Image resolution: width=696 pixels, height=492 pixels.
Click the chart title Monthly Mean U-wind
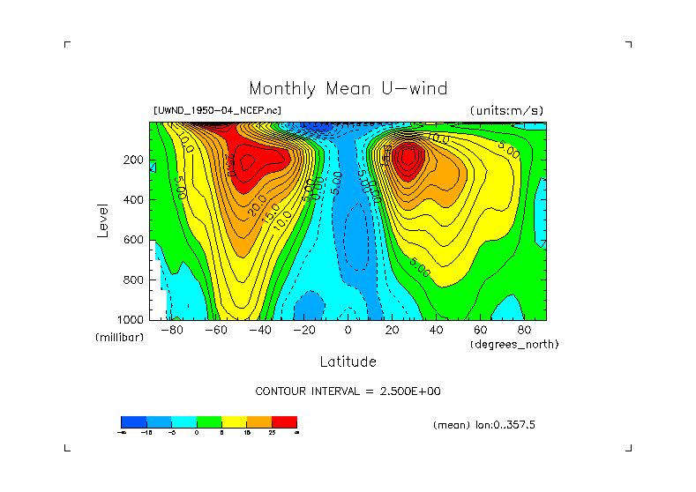pyautogui.click(x=348, y=88)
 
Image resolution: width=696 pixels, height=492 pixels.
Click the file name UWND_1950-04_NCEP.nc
pyautogui.click(x=218, y=110)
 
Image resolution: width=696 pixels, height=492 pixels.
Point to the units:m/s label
pyautogui.click(x=505, y=110)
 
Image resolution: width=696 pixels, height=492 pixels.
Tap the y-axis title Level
pyautogui.click(x=103, y=220)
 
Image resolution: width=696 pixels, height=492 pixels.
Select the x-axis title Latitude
pyautogui.click(x=348, y=362)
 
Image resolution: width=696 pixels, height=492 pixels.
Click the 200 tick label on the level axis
pyautogui.click(x=134, y=160)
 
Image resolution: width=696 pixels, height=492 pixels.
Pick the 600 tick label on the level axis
pyautogui.click(x=134, y=240)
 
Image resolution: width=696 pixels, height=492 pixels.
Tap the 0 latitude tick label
pyautogui.click(x=348, y=330)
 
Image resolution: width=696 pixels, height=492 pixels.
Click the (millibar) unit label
pyautogui.click(x=119, y=339)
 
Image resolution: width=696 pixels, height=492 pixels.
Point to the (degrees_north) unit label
pyautogui.click(x=514, y=344)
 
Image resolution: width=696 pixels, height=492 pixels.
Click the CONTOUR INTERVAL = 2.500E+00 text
pyautogui.click(x=348, y=391)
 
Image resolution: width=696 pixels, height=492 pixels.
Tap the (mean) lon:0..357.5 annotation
pyautogui.click(x=484, y=425)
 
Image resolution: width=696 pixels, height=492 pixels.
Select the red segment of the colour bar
pyautogui.click(x=284, y=421)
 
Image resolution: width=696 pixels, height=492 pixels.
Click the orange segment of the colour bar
pyautogui.click(x=258, y=421)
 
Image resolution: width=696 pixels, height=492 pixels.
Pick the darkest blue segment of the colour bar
pyautogui.click(x=132, y=421)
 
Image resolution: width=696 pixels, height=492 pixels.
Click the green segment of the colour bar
pyautogui.click(x=208, y=421)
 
